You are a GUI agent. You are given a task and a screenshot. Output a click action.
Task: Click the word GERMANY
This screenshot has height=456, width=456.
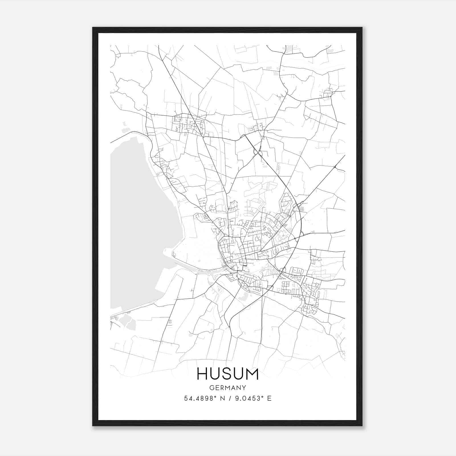coord(228,388)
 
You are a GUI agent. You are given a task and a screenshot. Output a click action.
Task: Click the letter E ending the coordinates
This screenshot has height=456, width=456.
coord(269,398)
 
